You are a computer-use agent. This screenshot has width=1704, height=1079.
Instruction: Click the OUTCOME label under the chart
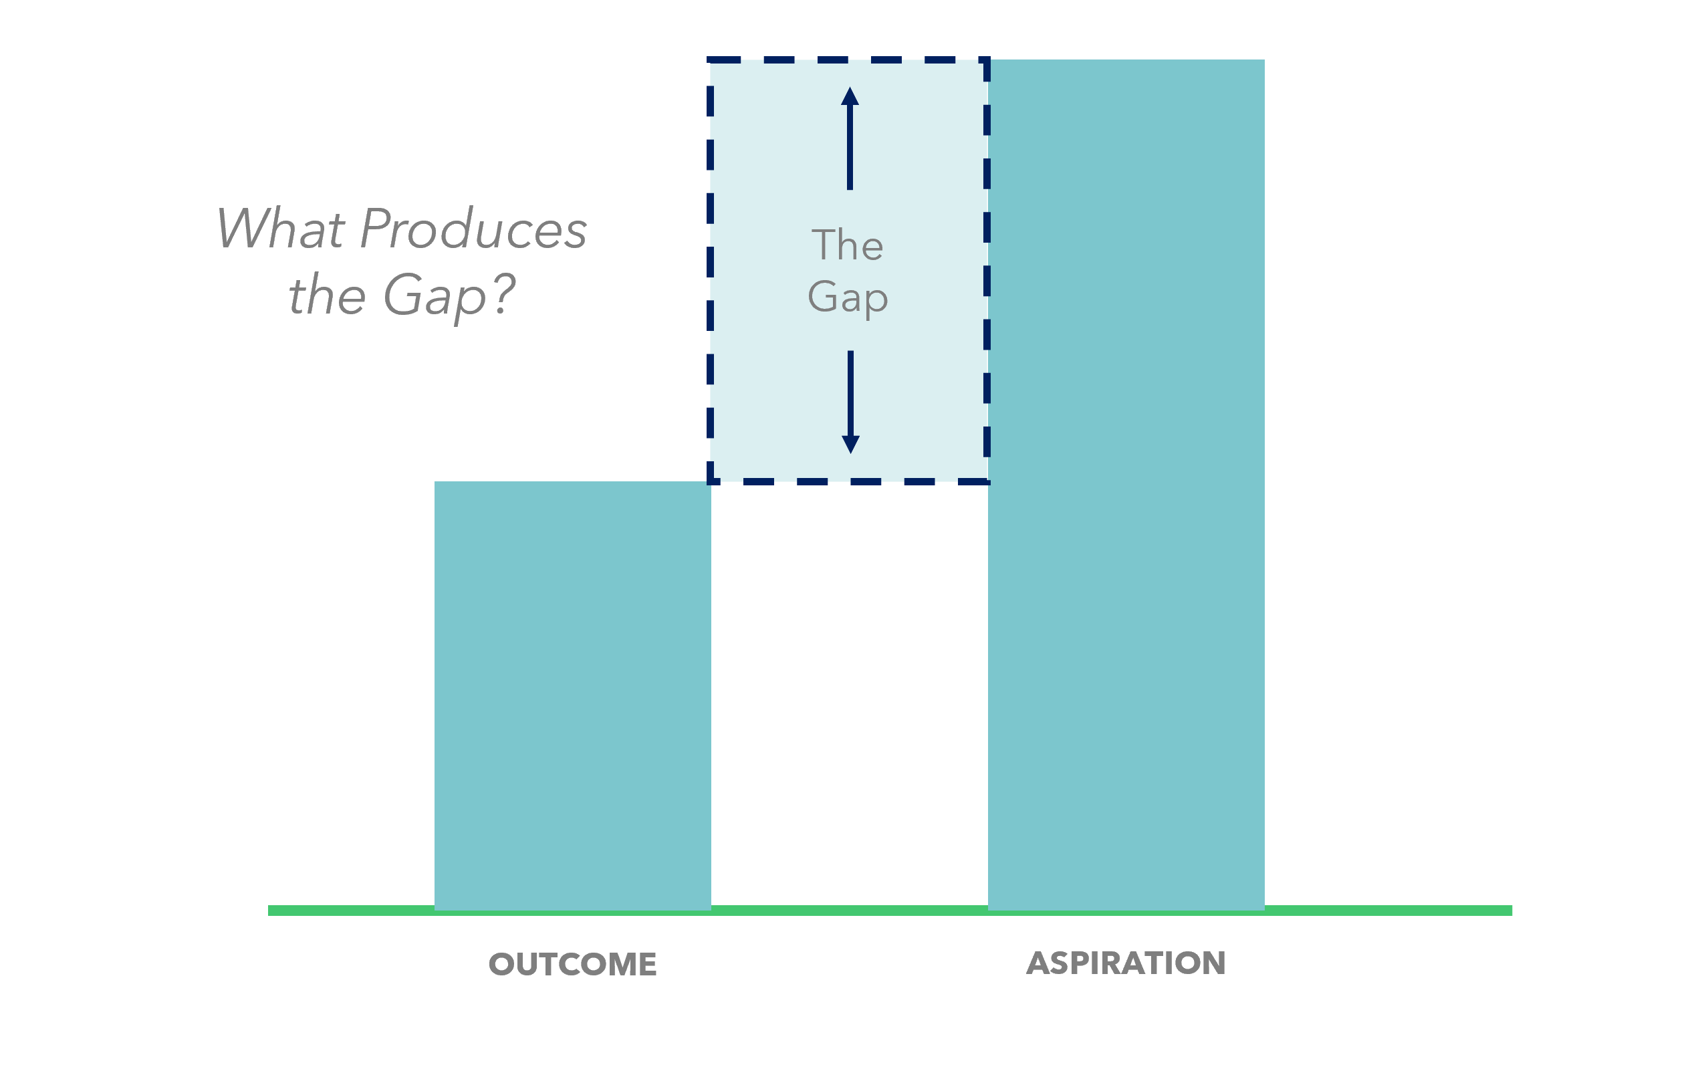(x=572, y=965)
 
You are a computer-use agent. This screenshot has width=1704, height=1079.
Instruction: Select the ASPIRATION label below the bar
(x=1126, y=963)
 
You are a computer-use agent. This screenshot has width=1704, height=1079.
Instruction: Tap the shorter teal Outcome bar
(x=572, y=695)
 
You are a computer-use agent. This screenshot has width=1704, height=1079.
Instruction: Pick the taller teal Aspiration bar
(x=1126, y=485)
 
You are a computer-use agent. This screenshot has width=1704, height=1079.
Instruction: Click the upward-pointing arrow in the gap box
(x=850, y=138)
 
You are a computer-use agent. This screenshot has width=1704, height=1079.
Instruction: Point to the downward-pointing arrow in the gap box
(x=850, y=402)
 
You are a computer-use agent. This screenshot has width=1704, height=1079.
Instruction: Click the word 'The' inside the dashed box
(x=847, y=245)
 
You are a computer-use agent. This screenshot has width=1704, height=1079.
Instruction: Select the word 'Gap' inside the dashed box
(x=848, y=297)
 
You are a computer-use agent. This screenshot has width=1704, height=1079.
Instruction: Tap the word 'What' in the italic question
(x=281, y=229)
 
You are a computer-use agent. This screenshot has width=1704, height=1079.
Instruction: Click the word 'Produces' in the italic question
(x=473, y=229)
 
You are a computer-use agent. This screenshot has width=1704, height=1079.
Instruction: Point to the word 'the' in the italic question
(x=327, y=294)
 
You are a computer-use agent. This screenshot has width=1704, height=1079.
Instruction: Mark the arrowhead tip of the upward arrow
(x=850, y=87)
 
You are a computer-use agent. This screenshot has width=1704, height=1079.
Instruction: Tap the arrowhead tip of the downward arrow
(x=850, y=453)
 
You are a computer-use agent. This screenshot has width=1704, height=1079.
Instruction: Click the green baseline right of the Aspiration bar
(x=1388, y=911)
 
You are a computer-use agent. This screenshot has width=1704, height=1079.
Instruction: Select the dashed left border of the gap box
(x=711, y=271)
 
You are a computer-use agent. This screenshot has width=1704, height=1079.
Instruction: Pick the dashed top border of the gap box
(x=848, y=60)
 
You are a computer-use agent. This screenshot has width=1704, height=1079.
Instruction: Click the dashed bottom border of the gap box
(x=848, y=482)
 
